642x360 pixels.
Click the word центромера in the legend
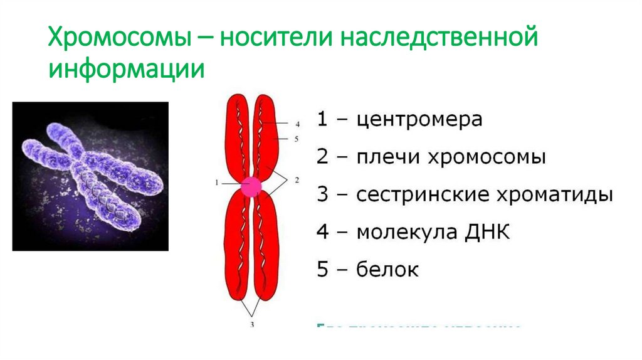click(x=419, y=119)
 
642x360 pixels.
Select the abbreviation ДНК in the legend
click(x=489, y=233)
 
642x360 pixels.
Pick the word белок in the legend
click(x=387, y=270)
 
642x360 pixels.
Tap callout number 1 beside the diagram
click(x=216, y=183)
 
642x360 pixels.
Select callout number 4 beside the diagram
click(x=297, y=124)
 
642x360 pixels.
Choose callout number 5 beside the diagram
click(x=297, y=138)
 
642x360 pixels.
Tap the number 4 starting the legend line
click(x=322, y=233)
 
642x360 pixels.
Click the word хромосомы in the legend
click(x=485, y=157)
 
